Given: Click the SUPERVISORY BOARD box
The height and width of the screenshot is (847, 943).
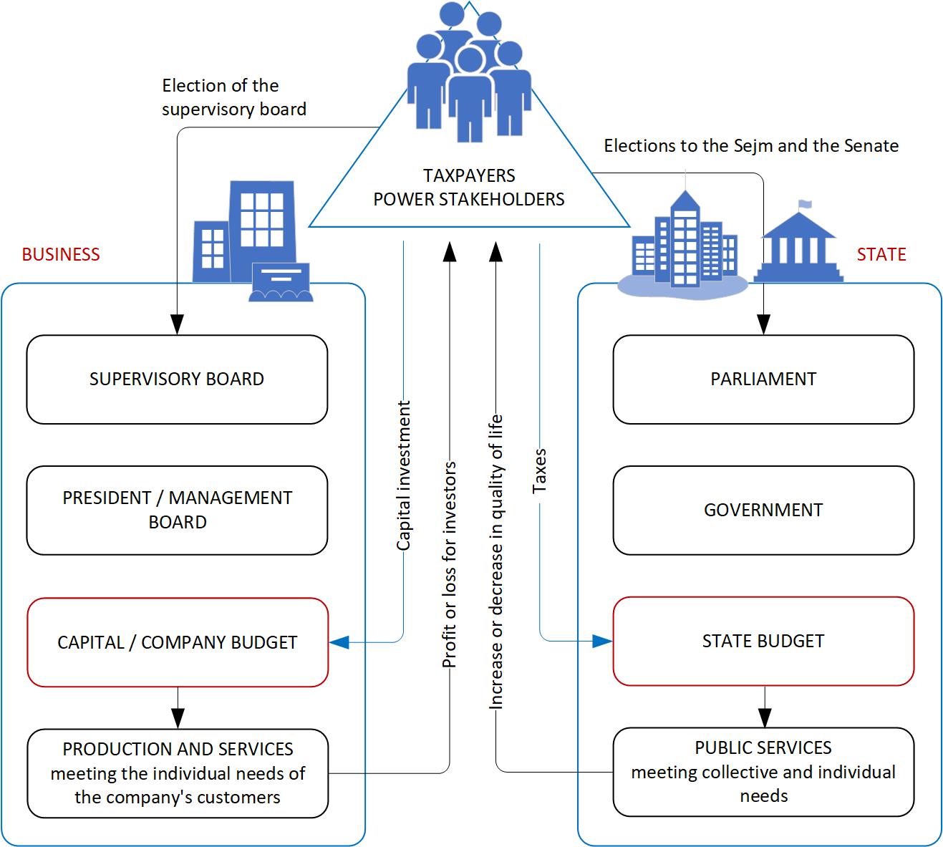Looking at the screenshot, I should pos(177,379).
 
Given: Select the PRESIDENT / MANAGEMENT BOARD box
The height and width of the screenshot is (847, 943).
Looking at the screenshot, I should pos(177,510).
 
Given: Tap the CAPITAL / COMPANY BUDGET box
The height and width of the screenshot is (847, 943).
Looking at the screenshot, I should pos(177,642).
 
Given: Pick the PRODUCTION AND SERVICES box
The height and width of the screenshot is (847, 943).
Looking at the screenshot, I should pos(177,773).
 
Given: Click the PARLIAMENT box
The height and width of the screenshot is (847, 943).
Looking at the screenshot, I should pos(763,379).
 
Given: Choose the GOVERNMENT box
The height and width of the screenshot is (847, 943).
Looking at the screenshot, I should pos(763,510).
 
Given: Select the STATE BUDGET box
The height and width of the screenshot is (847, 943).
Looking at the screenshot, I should pos(763,641).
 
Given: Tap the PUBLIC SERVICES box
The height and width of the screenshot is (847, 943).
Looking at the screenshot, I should pos(763,772).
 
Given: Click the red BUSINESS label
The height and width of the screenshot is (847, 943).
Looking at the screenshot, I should pos(61,255).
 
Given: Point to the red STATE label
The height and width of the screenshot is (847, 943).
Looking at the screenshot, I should pos(881,255).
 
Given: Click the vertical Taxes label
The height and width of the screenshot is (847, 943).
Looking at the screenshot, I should pos(540,470).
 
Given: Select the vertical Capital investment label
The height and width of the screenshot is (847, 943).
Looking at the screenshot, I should pos(405,476).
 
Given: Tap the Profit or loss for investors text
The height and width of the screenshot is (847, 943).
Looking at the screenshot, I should pos(450,566).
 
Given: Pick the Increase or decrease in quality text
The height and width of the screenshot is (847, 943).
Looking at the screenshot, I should pos(495,562).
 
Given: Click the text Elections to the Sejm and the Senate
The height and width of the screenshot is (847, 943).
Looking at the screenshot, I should pos(751,146).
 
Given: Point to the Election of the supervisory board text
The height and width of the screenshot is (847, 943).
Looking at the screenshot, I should pos(233,97).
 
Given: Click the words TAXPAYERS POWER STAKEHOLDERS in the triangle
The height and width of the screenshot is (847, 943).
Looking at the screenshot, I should pos(469,188).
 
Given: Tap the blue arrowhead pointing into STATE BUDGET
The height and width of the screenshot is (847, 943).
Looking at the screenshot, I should pos(603,642).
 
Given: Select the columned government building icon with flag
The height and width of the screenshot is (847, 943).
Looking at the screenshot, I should pos(798,243).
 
